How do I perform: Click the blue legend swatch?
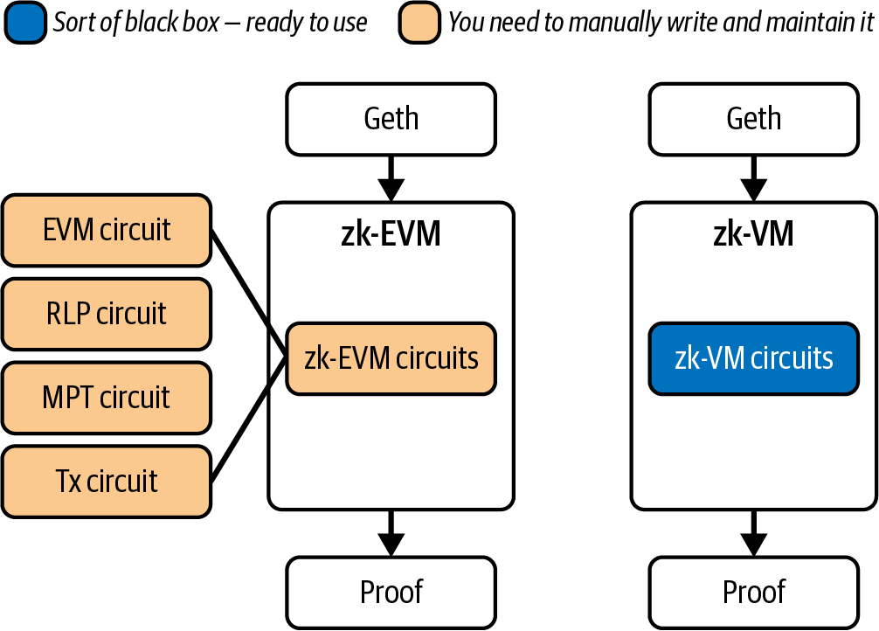(25, 23)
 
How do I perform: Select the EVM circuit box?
(107, 230)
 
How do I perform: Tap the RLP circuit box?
(107, 314)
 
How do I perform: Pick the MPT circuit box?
(107, 398)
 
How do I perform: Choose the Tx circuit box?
(107, 482)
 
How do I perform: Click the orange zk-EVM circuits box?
(391, 358)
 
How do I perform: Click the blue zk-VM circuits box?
(753, 358)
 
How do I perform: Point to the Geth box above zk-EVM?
(391, 118)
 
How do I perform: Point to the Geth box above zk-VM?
(753, 118)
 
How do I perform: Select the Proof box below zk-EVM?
(391, 592)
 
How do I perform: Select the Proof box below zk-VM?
(753, 592)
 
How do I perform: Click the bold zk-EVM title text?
(391, 234)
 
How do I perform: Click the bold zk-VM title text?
(753, 234)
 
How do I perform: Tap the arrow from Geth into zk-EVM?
(391, 178)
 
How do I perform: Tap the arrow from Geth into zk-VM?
(753, 178)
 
